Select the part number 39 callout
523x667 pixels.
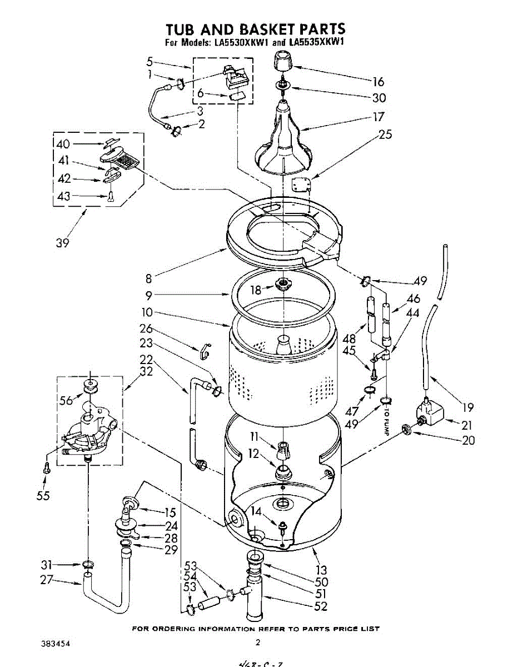63,242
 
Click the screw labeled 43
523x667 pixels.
110,196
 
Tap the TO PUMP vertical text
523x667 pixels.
384,420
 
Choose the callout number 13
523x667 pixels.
321,570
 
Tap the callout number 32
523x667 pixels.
147,372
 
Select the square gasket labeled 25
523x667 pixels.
302,185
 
